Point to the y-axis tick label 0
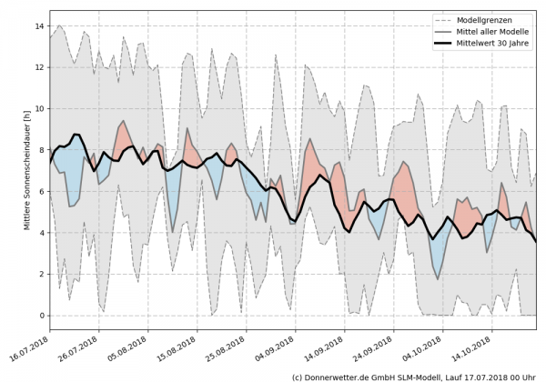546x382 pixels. [x=39, y=316]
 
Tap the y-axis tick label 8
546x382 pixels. [x=39, y=150]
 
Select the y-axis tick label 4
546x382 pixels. [x=39, y=233]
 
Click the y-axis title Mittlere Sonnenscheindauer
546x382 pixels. [x=14, y=169]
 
